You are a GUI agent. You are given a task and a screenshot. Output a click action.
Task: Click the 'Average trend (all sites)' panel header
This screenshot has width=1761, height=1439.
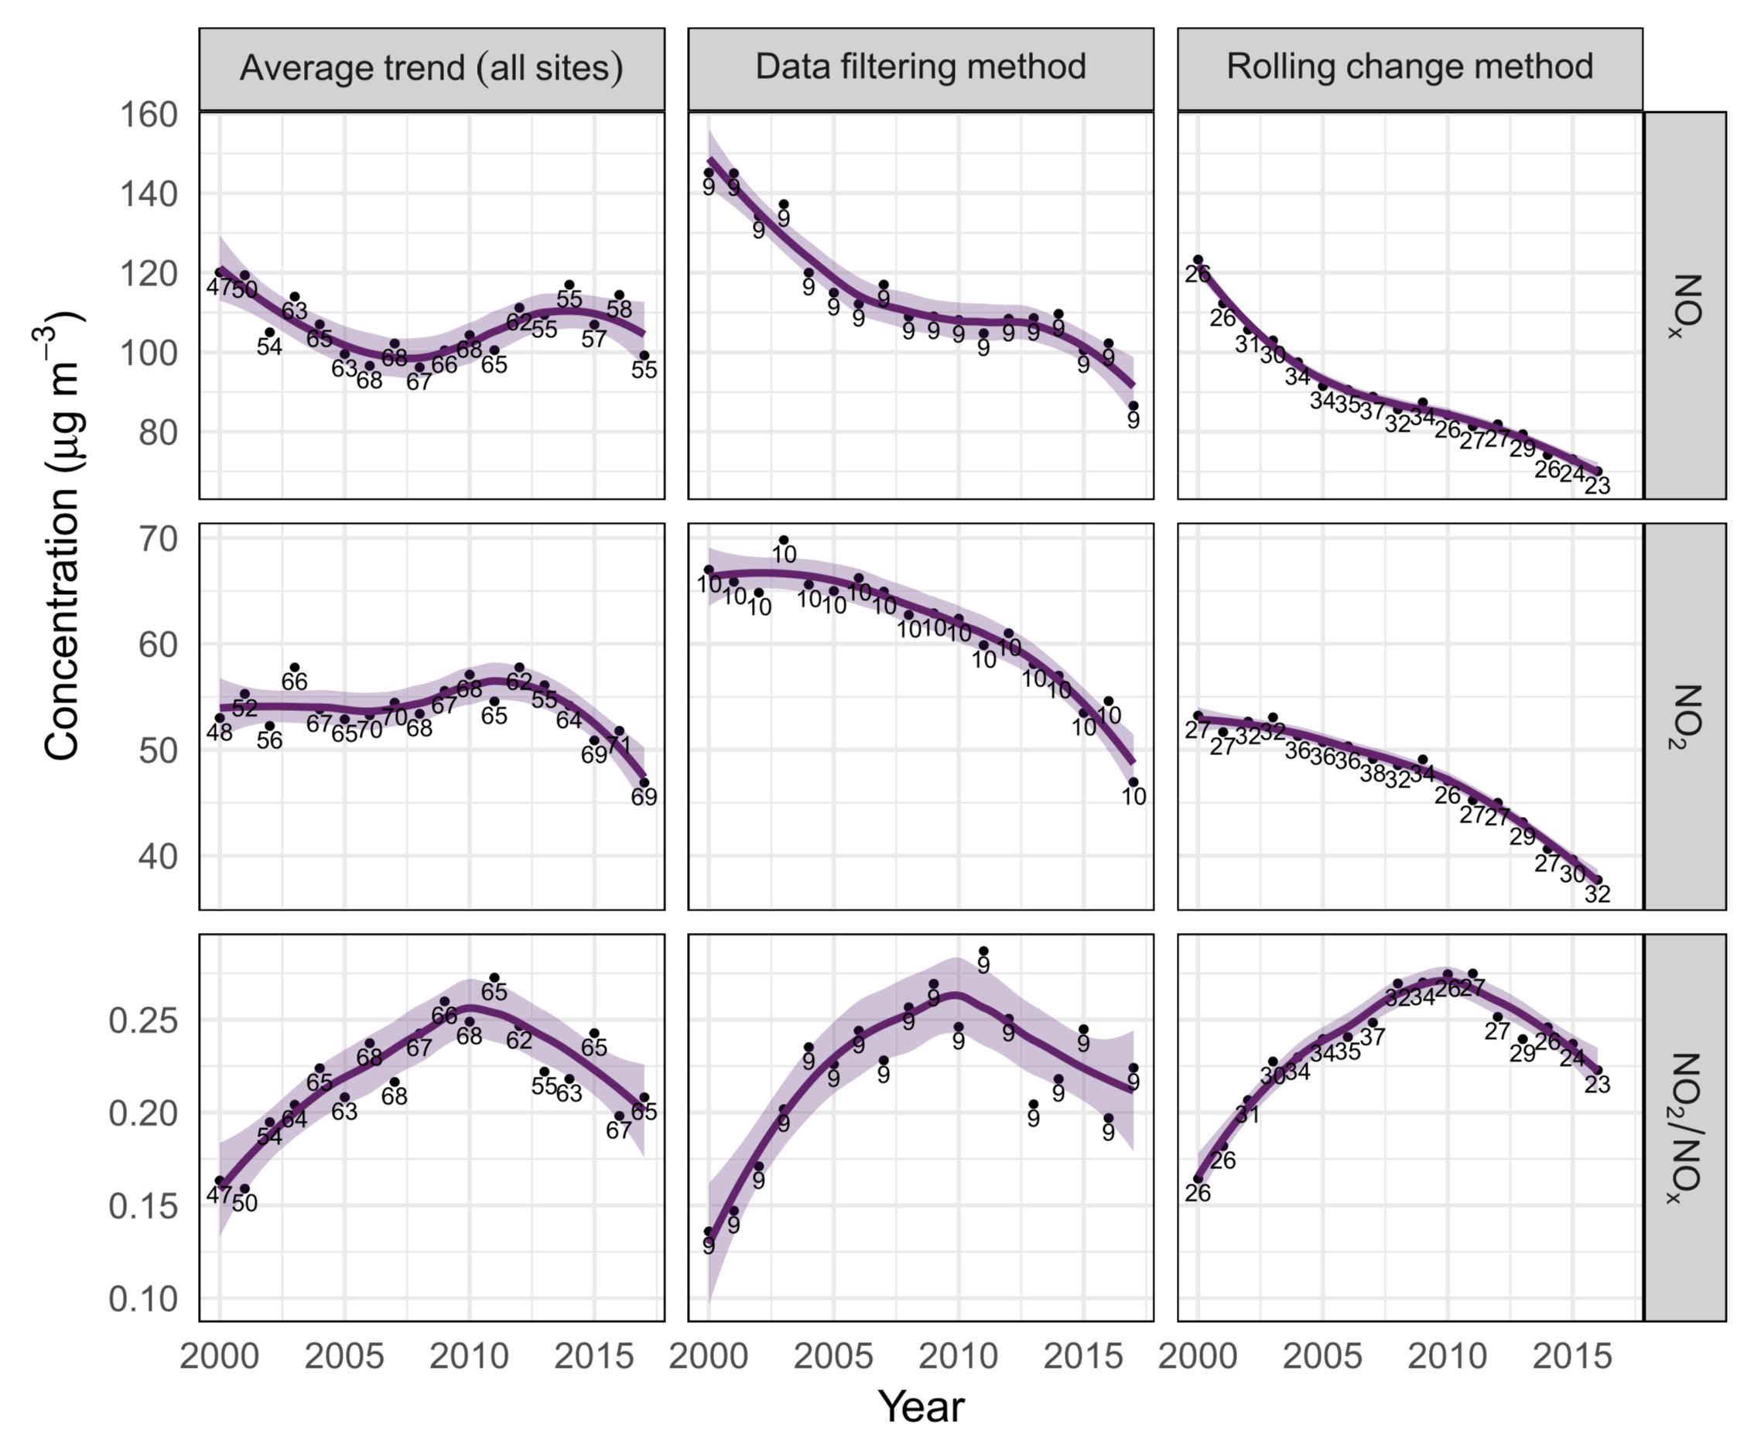[x=431, y=68]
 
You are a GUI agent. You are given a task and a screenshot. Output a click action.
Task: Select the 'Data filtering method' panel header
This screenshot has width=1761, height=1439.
[x=920, y=68]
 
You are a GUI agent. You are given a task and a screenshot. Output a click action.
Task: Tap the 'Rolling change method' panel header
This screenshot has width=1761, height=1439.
[x=1410, y=68]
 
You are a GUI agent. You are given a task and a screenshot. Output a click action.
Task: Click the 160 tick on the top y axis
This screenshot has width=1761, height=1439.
[x=149, y=115]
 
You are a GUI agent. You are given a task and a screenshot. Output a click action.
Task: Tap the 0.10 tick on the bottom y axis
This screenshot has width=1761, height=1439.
[x=143, y=1299]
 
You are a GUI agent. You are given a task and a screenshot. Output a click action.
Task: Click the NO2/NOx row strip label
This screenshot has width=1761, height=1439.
[x=1684, y=1127]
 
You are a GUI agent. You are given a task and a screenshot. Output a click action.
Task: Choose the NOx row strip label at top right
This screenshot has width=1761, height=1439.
[x=1684, y=305]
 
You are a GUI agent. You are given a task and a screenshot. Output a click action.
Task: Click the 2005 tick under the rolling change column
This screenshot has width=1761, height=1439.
[x=1322, y=1357]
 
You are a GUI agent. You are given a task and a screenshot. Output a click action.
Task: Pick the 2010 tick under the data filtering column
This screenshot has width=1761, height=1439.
[x=959, y=1357]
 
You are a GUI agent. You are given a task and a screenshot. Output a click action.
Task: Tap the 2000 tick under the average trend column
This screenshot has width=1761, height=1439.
[x=220, y=1357]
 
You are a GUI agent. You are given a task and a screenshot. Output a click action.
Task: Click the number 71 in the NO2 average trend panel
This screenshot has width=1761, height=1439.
[x=619, y=745]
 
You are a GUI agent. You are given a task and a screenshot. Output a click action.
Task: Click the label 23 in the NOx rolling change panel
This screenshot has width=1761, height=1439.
[x=1597, y=486]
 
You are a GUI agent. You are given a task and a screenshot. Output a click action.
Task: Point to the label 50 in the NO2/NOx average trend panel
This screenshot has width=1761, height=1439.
[x=244, y=1203]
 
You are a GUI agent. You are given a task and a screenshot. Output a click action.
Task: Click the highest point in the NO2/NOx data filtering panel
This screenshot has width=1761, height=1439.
[x=983, y=952]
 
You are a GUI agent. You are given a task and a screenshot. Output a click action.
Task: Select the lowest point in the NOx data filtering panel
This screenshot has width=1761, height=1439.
[x=1134, y=406]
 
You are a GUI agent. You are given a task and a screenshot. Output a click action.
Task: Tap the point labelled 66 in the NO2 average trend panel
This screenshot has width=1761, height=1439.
[x=294, y=667]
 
